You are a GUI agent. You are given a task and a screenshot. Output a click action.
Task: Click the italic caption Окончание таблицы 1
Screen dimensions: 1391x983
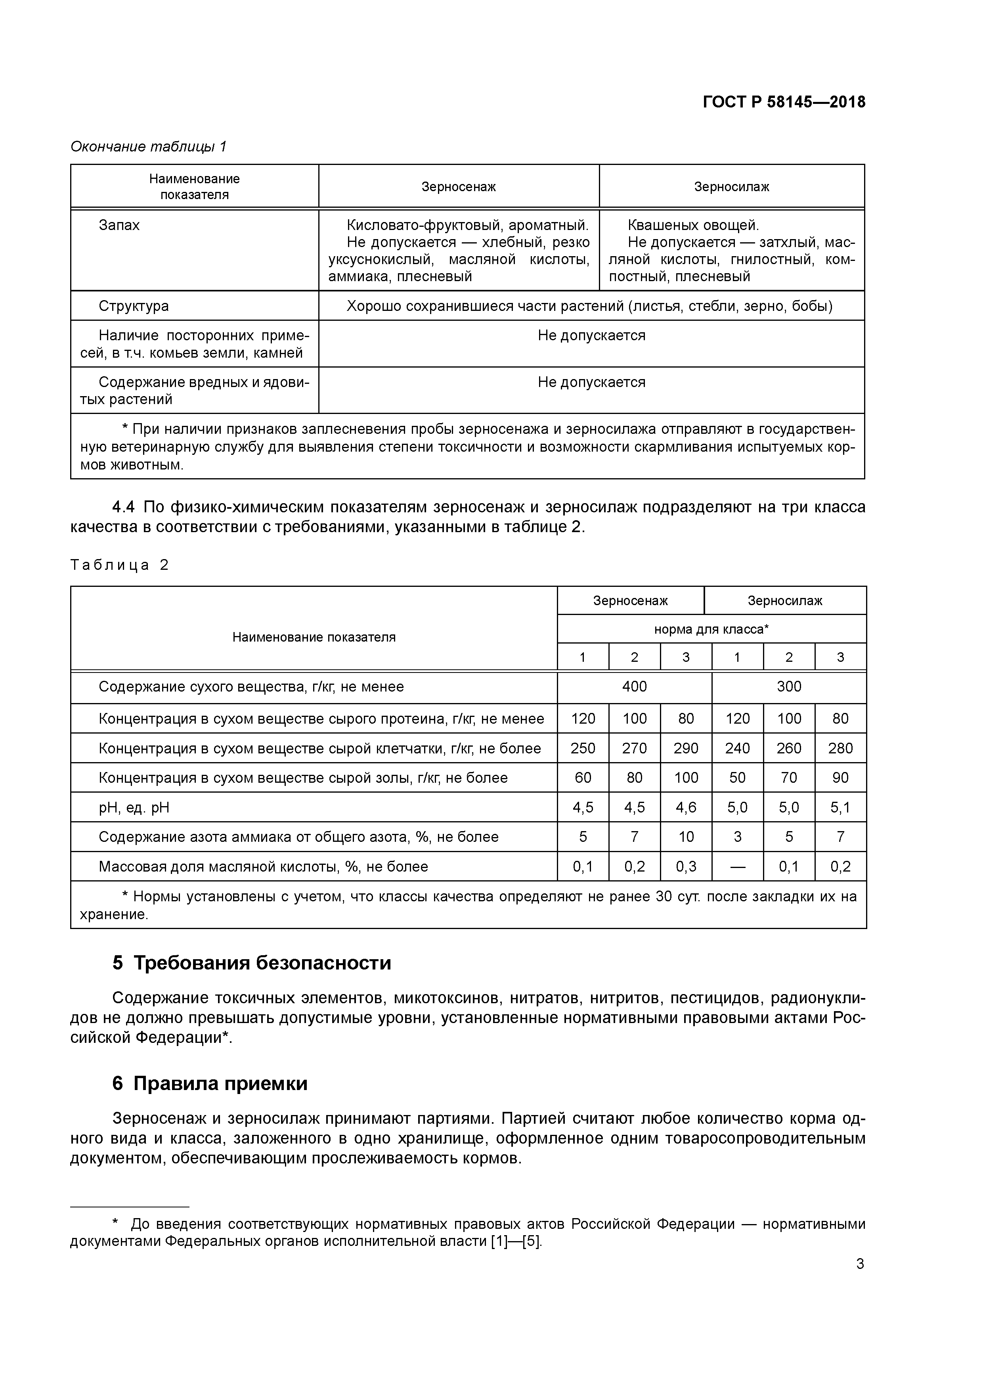(x=148, y=147)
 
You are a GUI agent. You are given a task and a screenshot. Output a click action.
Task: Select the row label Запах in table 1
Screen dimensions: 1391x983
(x=119, y=225)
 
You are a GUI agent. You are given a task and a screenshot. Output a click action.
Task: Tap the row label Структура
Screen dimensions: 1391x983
(x=134, y=306)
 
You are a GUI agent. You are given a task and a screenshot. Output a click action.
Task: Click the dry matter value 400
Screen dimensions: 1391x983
(x=634, y=686)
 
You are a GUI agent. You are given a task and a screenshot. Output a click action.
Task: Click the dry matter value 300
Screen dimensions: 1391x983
(x=789, y=686)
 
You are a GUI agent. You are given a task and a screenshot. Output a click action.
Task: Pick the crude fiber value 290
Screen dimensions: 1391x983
(x=686, y=748)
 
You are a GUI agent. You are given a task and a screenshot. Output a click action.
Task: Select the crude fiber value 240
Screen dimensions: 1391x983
(x=737, y=748)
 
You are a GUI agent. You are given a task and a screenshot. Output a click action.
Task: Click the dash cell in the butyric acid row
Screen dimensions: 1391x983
(x=737, y=867)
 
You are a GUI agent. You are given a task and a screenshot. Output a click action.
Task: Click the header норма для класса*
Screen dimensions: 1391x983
(x=711, y=629)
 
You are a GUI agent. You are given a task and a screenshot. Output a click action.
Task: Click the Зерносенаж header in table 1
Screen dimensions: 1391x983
(x=459, y=187)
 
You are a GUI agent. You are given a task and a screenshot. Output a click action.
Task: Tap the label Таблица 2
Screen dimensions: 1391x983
(x=119, y=565)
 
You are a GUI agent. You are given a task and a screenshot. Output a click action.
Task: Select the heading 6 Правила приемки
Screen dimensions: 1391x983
(x=210, y=1083)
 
